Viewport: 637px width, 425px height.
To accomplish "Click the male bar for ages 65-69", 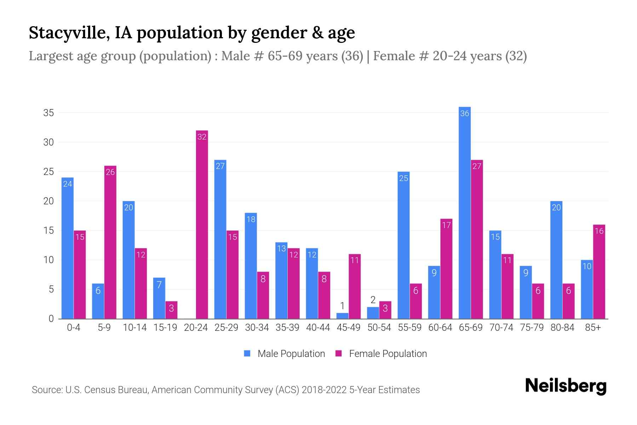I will click(x=464, y=212).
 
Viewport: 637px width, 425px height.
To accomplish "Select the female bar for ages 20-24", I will click(x=202, y=225).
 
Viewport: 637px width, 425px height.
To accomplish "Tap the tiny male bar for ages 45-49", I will click(x=342, y=316).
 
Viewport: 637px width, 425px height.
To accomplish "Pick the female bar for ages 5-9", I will click(x=110, y=242).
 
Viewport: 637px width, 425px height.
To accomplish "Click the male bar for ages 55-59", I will click(x=403, y=245).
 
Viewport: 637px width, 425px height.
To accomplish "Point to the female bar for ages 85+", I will click(x=599, y=272).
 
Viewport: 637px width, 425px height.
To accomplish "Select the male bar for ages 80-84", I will click(x=556, y=260).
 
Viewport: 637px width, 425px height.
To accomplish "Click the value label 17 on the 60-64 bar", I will click(x=446, y=225).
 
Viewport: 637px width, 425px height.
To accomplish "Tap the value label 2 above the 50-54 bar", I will click(x=373, y=300).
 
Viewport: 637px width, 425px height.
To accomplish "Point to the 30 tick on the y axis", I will click(x=48, y=142).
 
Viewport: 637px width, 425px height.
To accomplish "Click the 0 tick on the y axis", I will click(x=51, y=319).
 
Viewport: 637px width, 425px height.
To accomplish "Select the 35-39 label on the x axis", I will click(x=287, y=328).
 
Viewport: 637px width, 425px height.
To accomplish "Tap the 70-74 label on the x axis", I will click(x=501, y=328).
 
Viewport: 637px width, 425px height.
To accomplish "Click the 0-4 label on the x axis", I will click(x=74, y=328).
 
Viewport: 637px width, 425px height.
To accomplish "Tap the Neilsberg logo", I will click(x=566, y=386).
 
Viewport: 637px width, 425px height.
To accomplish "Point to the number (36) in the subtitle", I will click(x=352, y=56).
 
